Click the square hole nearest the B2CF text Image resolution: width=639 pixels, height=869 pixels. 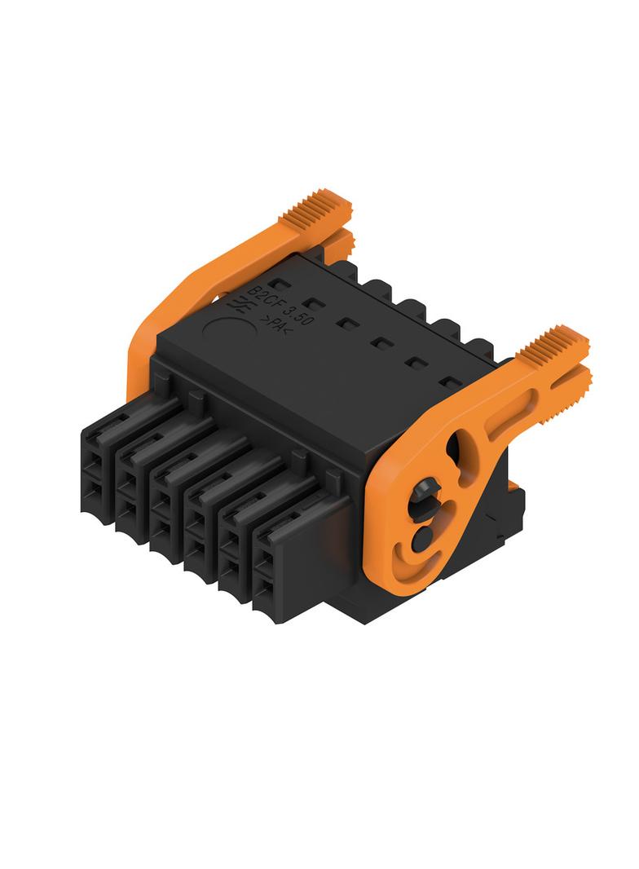coord(283,285)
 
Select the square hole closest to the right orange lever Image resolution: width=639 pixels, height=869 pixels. coord(452,382)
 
